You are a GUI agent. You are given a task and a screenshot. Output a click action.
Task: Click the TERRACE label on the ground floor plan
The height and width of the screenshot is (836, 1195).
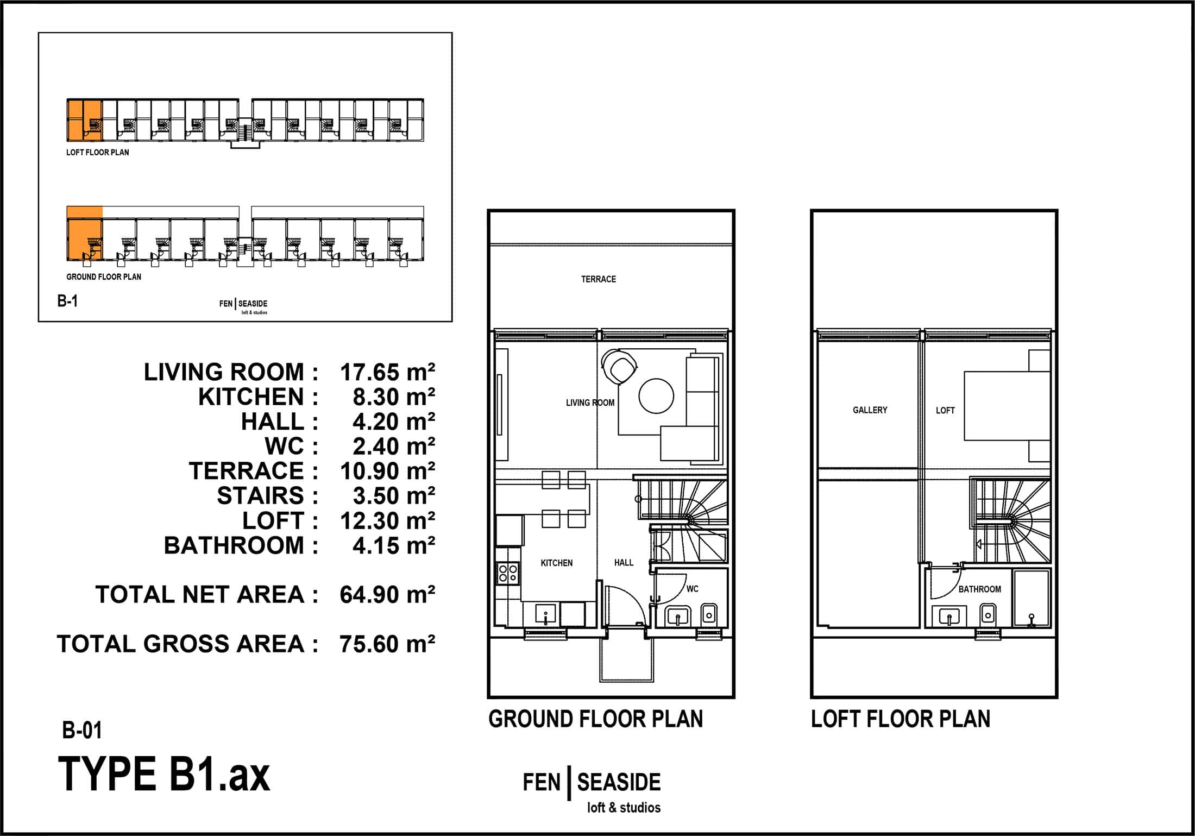[x=599, y=279]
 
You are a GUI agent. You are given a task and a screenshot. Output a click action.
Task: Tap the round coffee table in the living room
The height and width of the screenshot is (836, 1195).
[x=656, y=396]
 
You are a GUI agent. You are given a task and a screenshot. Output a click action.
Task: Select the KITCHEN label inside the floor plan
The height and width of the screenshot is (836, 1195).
[x=557, y=563]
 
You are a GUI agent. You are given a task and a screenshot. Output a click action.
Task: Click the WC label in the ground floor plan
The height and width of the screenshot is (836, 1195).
[x=692, y=589]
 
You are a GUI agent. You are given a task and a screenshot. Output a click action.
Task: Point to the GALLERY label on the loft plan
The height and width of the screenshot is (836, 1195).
[x=870, y=410]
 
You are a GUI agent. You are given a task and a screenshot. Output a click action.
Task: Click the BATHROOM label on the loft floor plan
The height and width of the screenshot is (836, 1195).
[x=979, y=589]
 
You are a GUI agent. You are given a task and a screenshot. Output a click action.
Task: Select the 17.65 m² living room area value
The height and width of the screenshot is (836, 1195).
[x=387, y=373]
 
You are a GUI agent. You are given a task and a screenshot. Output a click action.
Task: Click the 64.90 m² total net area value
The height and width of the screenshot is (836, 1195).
[x=387, y=595]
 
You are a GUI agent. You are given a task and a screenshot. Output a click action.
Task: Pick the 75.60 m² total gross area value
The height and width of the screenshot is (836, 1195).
[x=387, y=644]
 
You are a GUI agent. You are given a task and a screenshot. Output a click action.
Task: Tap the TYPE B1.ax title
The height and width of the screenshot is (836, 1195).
[x=164, y=774]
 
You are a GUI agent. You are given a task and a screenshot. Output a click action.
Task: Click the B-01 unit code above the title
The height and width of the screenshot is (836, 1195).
[x=82, y=731]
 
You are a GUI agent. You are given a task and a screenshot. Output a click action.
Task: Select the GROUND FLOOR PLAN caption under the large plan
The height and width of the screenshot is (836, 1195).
[x=596, y=719]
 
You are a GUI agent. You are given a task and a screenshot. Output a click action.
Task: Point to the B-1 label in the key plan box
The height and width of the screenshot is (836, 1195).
[x=67, y=301]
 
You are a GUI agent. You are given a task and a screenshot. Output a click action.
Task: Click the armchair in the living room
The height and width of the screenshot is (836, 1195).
[x=620, y=368]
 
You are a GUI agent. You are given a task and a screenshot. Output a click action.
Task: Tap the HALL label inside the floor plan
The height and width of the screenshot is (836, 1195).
[x=624, y=563]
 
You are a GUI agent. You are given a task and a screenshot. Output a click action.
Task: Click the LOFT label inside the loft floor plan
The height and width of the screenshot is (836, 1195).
[x=945, y=411]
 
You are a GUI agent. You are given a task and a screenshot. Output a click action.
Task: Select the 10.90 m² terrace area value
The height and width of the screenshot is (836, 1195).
[x=387, y=472]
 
